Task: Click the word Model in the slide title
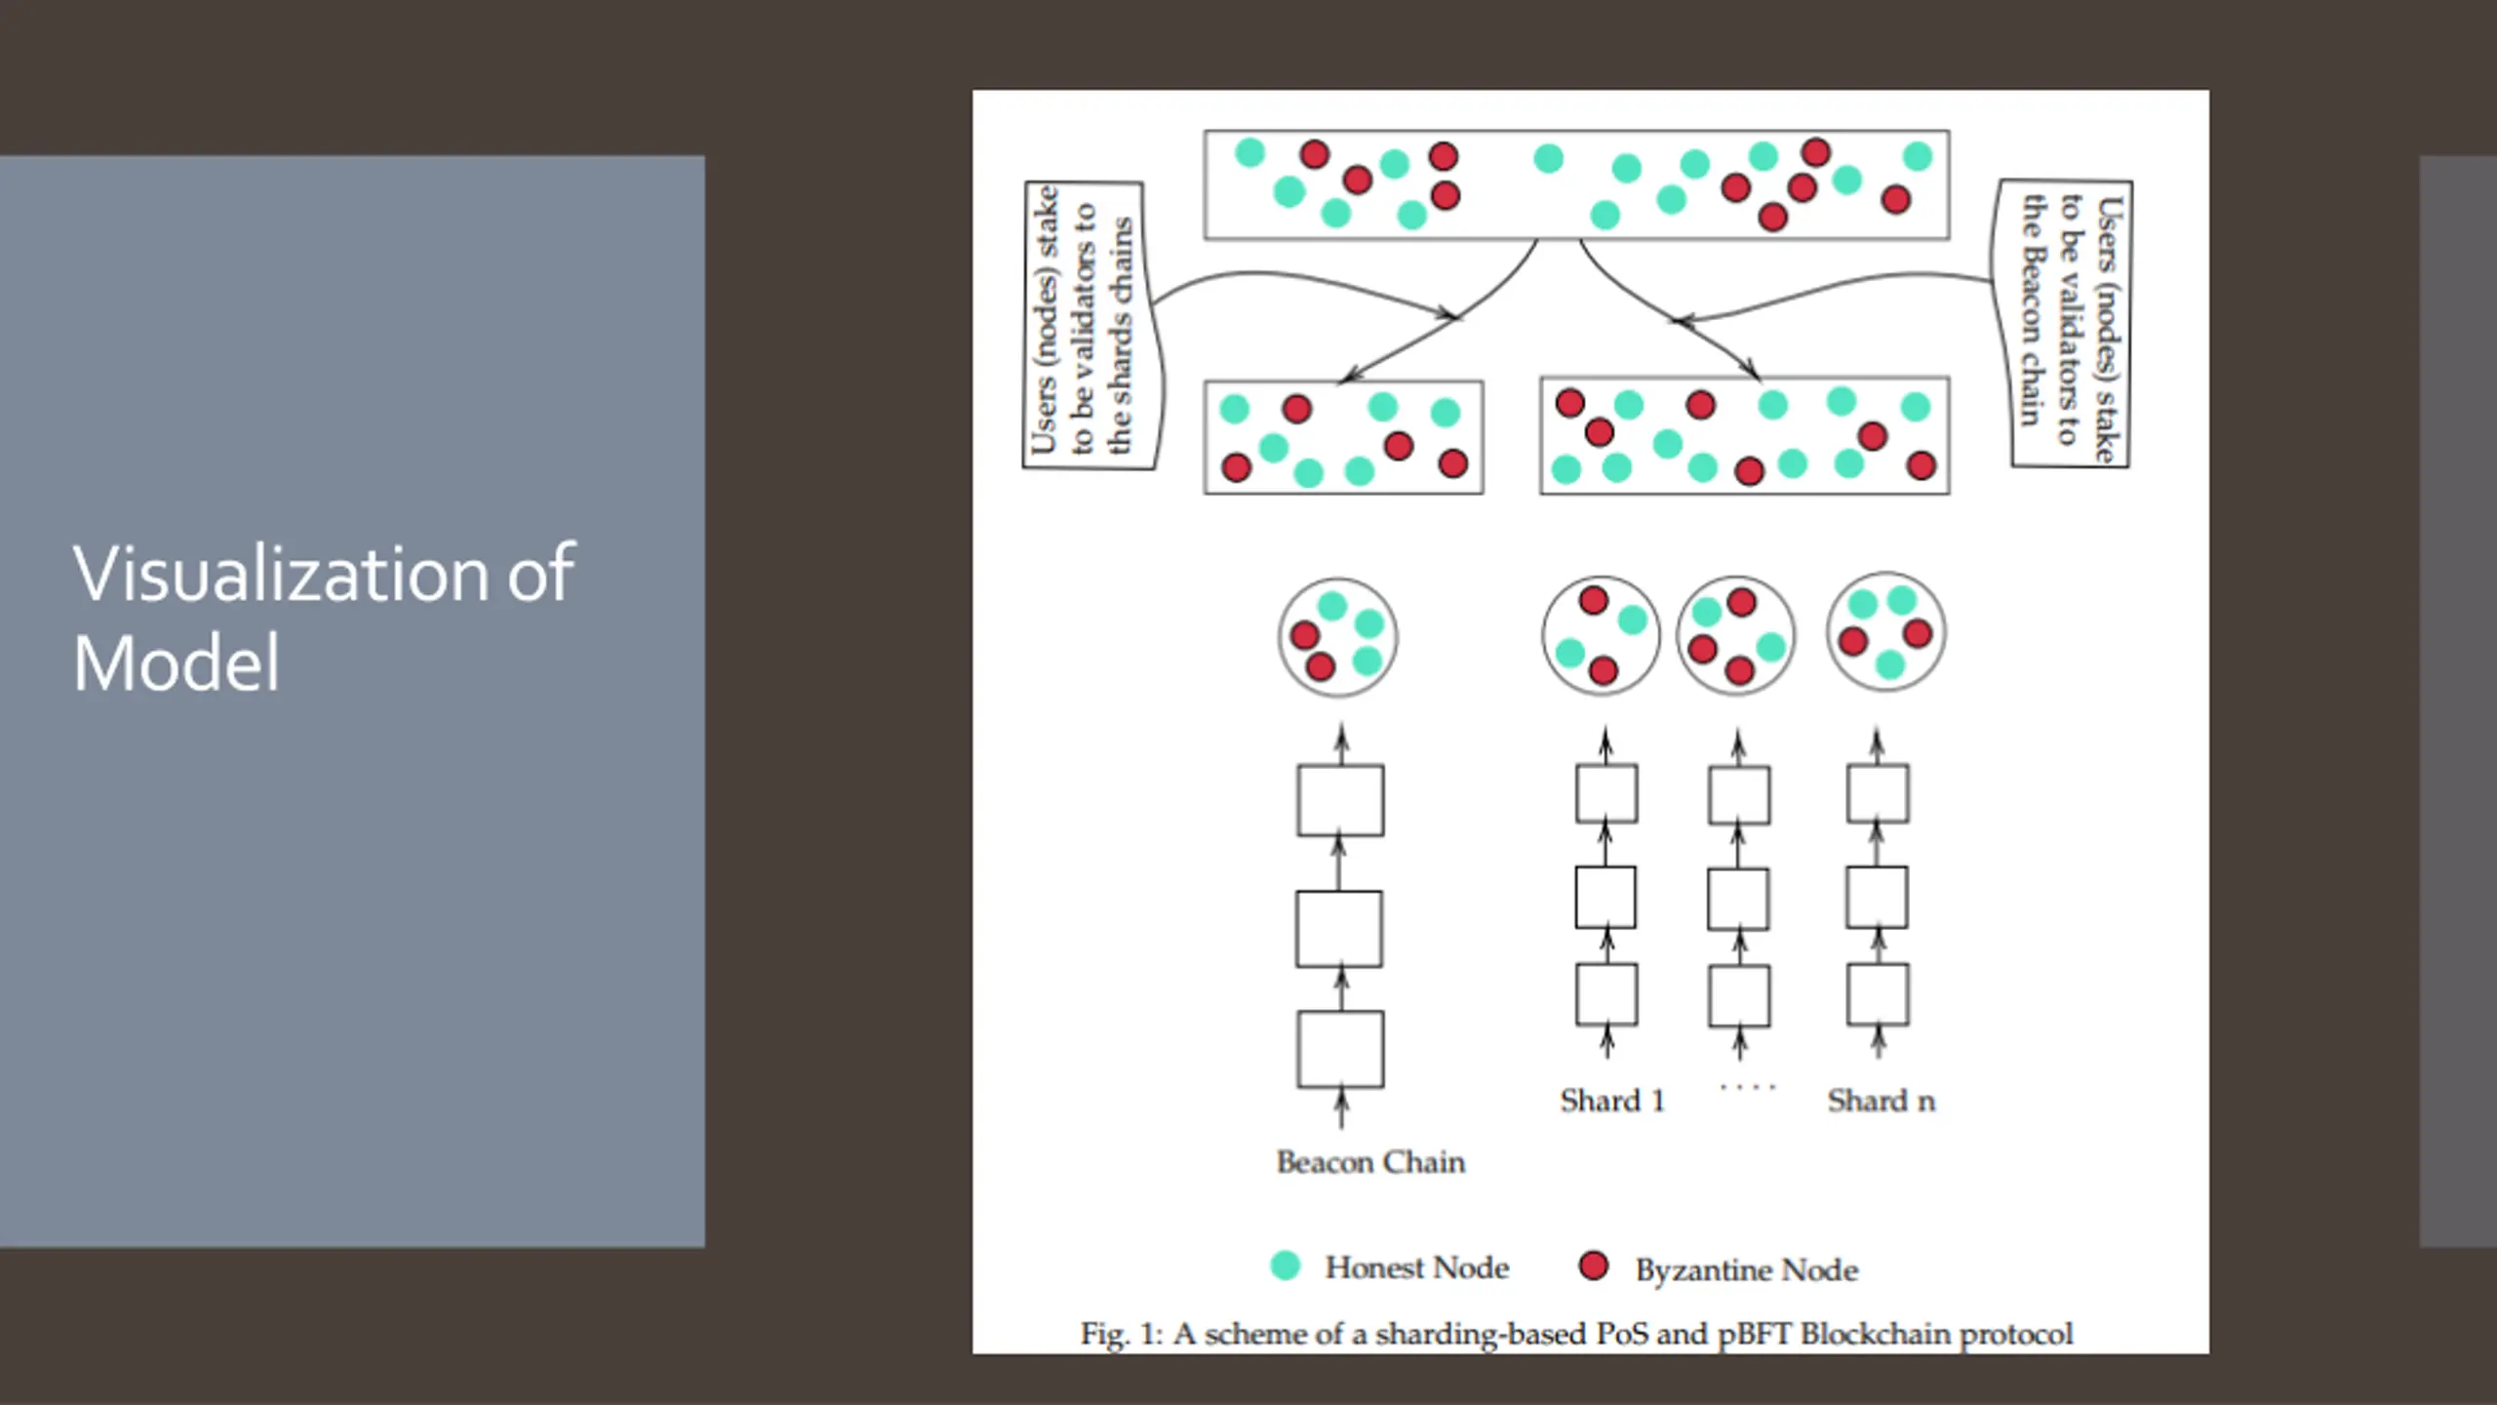tap(177, 663)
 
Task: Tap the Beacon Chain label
tap(1370, 1162)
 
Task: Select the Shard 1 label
tap(1611, 1101)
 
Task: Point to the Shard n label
tap(1881, 1101)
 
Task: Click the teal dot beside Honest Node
tap(1286, 1265)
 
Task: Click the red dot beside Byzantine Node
tap(1593, 1265)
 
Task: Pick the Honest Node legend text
tap(1416, 1267)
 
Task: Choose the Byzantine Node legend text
tap(1746, 1269)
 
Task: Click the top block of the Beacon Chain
tap(1340, 800)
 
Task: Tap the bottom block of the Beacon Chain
tap(1340, 1049)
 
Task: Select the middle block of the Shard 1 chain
tap(1605, 897)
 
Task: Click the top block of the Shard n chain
tap(1878, 793)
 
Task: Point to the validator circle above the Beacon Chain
tap(1338, 637)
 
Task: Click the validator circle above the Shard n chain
tap(1885, 632)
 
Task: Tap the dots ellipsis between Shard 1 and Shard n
tap(1747, 1087)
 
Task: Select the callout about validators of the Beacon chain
tap(2068, 324)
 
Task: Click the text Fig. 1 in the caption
tap(1121, 1334)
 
